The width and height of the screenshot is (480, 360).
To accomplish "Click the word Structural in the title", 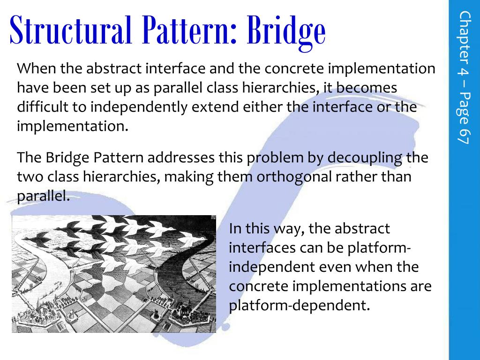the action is [x=71, y=30].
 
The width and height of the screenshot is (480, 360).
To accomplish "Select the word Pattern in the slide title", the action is [x=190, y=30].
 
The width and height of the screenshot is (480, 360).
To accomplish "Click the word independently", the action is [x=139, y=108].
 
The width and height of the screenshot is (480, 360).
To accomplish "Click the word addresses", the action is [x=181, y=157].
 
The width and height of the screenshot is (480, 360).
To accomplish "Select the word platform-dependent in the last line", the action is [x=299, y=306].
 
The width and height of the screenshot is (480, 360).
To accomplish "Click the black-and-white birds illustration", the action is [x=114, y=274].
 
